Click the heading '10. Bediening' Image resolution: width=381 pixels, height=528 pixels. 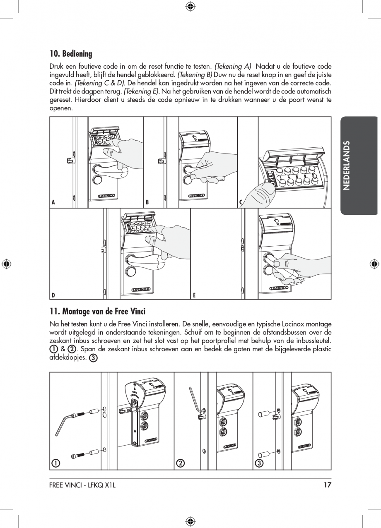pyautogui.click(x=71, y=54)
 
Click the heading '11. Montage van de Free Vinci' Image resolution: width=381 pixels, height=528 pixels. pyautogui.click(x=97, y=311)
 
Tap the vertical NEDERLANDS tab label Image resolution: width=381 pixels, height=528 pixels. pyautogui.click(x=347, y=165)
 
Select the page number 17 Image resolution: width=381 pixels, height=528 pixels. pyautogui.click(x=328, y=485)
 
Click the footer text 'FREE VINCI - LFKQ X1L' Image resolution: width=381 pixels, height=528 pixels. pyautogui.click(x=82, y=485)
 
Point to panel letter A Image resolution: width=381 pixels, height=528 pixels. pyautogui.click(x=53, y=203)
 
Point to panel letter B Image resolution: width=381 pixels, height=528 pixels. pyautogui.click(x=147, y=203)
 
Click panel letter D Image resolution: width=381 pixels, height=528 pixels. pyautogui.click(x=53, y=295)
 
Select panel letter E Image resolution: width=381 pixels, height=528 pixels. pyautogui.click(x=194, y=295)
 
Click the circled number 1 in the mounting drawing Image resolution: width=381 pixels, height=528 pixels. pyautogui.click(x=55, y=463)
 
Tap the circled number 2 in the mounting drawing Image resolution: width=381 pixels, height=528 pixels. pyautogui.click(x=180, y=463)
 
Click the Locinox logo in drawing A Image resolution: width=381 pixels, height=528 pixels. pyautogui.click(x=106, y=196)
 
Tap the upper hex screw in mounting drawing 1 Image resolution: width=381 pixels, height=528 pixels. pyautogui.click(x=79, y=414)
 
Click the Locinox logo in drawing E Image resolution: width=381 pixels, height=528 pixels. pyautogui.click(x=279, y=288)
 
